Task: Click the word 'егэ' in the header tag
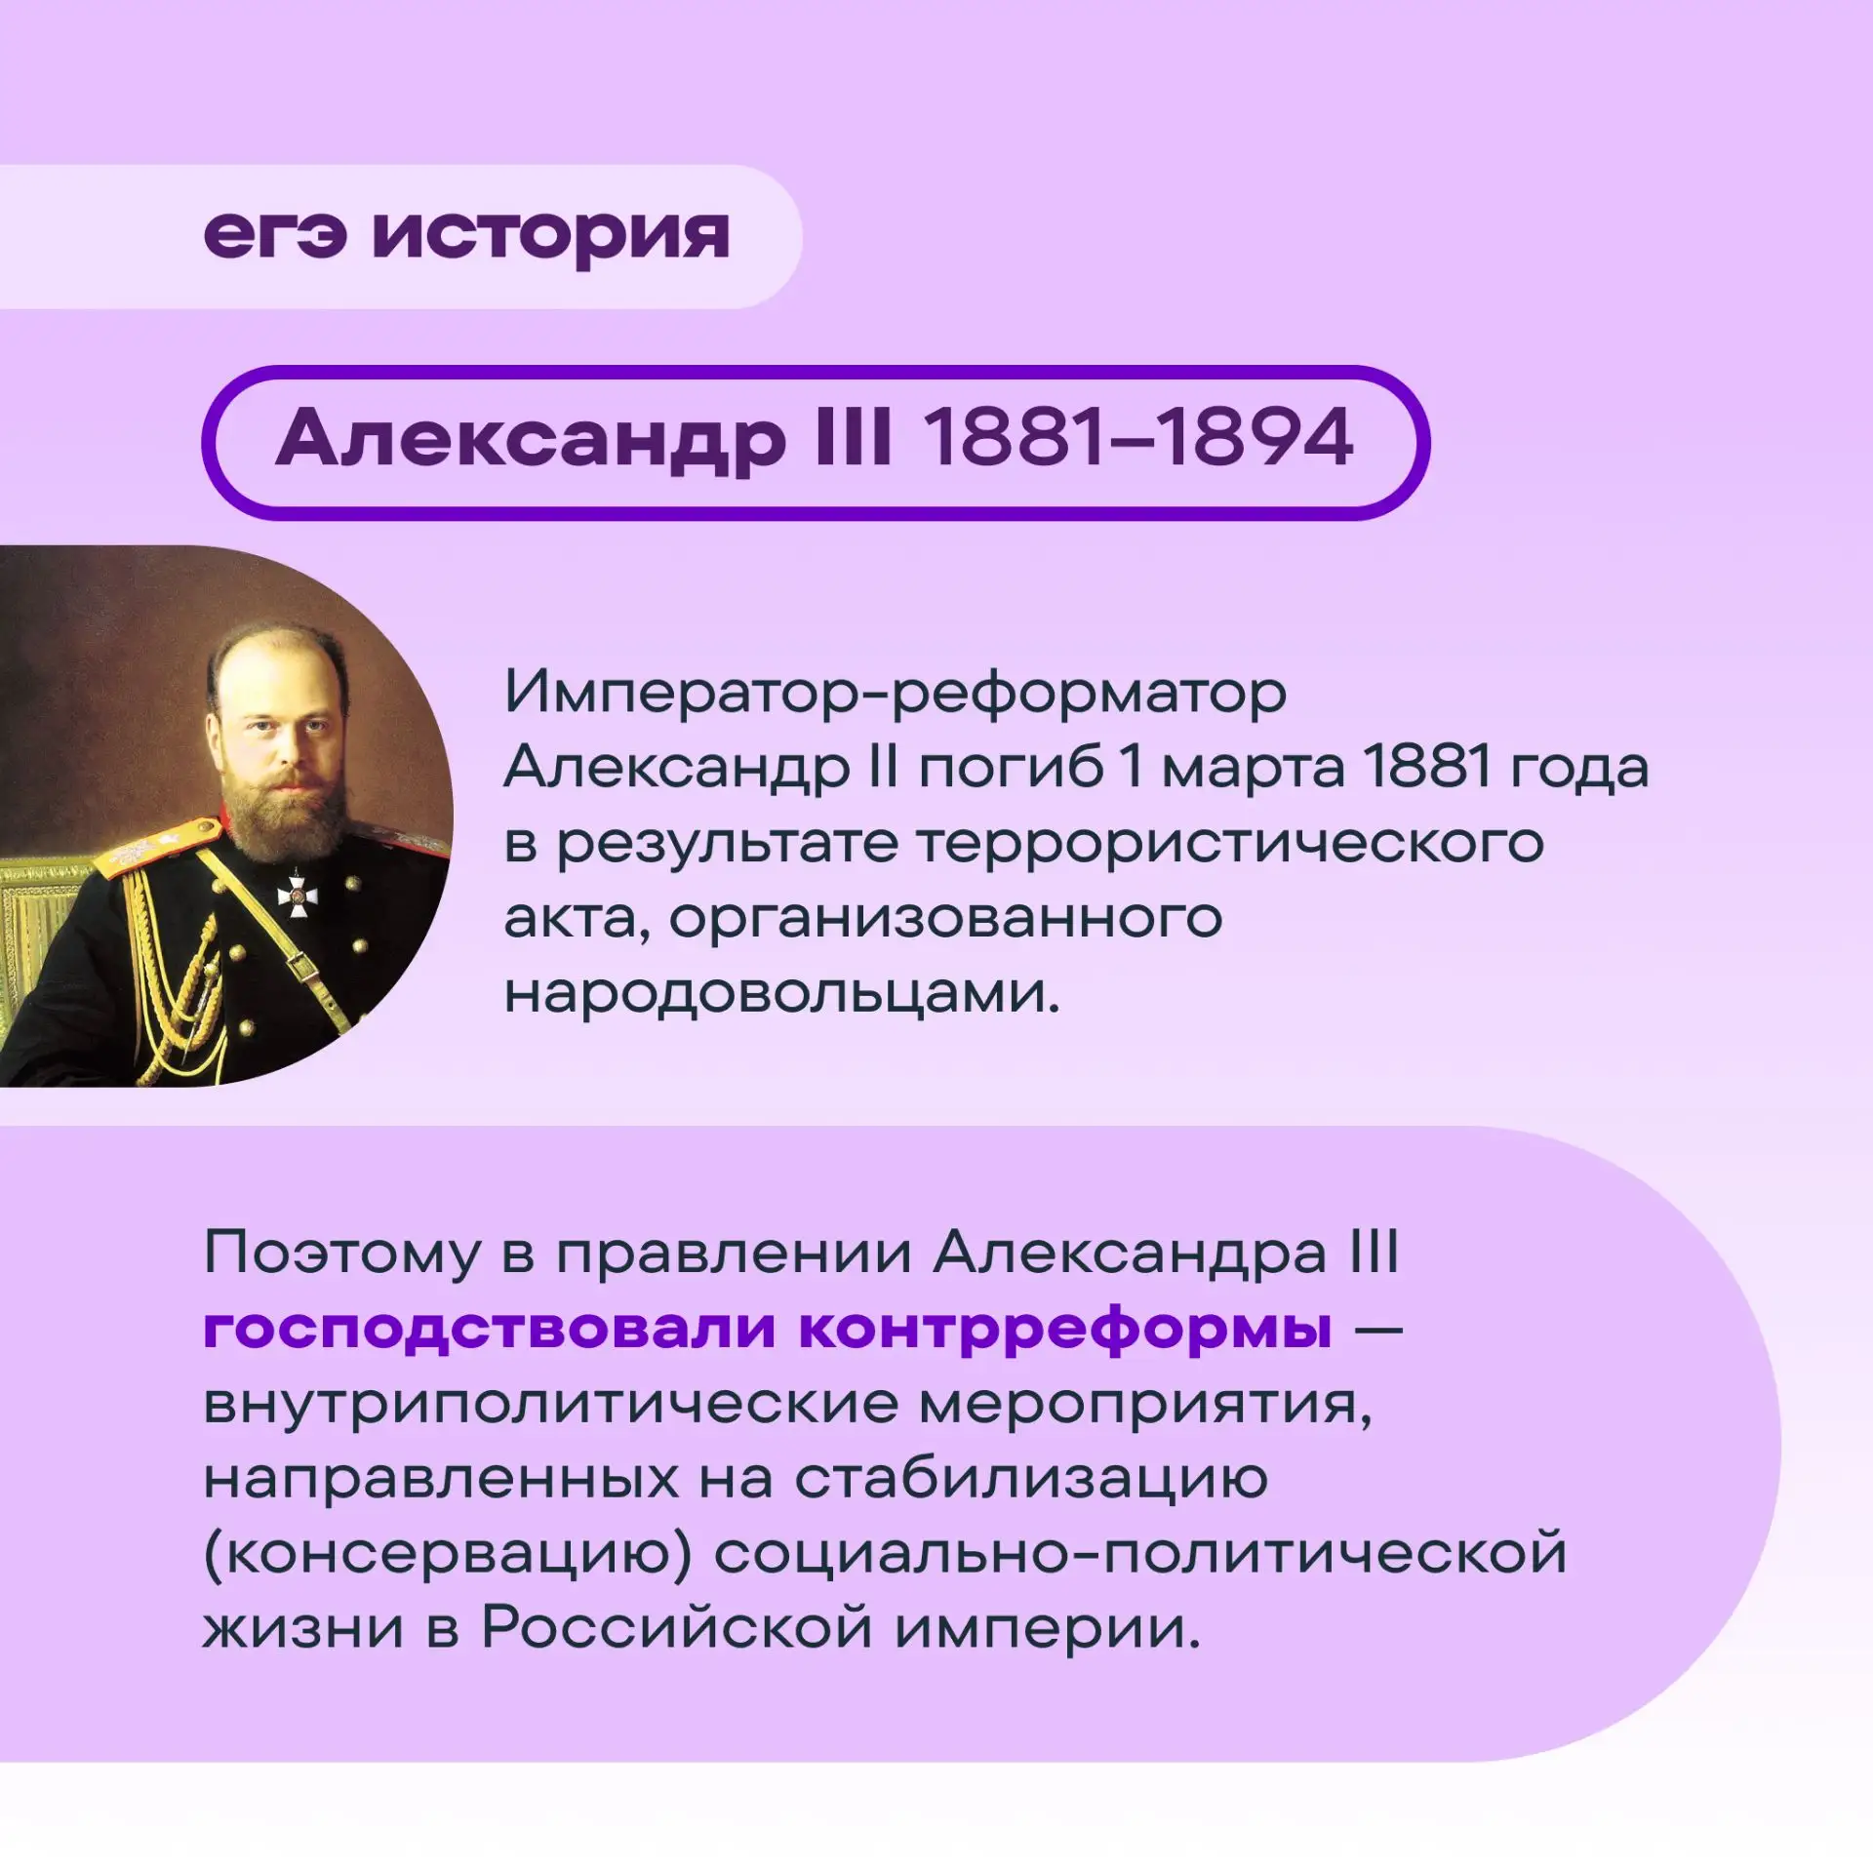pos(275,236)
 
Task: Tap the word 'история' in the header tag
pos(551,239)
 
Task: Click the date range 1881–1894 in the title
pos(1138,436)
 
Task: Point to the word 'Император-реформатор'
pos(896,695)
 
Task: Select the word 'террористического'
pos(1050,845)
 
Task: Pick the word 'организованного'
pos(945,921)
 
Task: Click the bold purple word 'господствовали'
pos(490,1329)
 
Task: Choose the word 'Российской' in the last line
pos(676,1628)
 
